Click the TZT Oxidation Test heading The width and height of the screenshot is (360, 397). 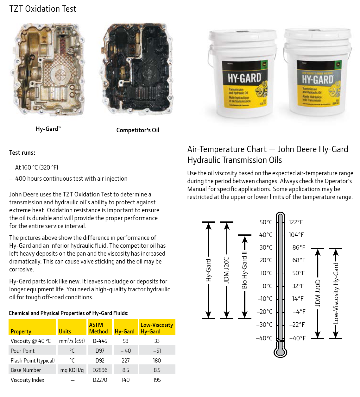[x=43, y=9]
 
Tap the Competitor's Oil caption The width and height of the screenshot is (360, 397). [x=138, y=130]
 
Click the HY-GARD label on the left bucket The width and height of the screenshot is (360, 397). [x=244, y=78]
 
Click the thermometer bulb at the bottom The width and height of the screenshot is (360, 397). [x=280, y=350]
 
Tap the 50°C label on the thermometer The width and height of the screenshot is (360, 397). [x=266, y=222]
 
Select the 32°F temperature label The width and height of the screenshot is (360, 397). [x=298, y=286]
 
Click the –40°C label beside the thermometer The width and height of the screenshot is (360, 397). [x=264, y=338]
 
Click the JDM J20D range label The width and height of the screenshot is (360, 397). [x=318, y=293]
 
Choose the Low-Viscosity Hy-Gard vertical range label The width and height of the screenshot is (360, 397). [x=336, y=293]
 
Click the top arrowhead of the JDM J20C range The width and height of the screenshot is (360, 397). [x=226, y=225]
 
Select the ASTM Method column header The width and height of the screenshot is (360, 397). [x=98, y=328]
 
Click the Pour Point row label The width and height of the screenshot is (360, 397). [x=22, y=351]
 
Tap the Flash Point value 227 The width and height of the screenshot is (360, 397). [x=126, y=361]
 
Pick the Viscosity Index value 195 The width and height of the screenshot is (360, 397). [x=157, y=380]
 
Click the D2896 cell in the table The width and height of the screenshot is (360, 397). [x=100, y=370]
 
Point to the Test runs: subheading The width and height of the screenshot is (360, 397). [x=22, y=152]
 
